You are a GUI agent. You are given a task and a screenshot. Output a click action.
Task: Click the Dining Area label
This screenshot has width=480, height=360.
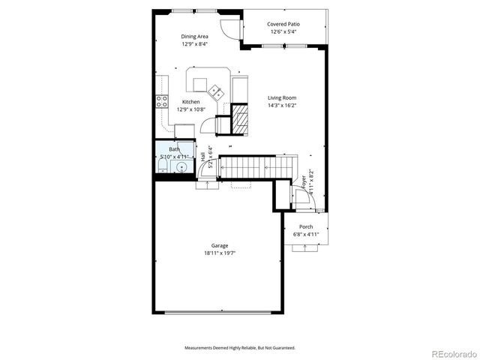click(194, 36)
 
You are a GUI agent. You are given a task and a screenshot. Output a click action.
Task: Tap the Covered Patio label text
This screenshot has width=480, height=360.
click(282, 24)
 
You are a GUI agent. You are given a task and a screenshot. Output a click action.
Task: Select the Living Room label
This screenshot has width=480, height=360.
click(283, 97)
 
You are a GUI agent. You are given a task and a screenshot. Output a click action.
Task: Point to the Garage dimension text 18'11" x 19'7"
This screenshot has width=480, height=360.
click(219, 253)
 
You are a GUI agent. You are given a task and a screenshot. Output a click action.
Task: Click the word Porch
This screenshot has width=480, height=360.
click(306, 226)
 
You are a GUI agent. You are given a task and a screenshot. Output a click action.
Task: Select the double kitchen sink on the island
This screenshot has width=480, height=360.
click(216, 92)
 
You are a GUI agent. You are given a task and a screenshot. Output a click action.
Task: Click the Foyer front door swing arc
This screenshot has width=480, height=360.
click(304, 198)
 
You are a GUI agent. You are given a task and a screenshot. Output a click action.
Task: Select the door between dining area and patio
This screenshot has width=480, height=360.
click(234, 28)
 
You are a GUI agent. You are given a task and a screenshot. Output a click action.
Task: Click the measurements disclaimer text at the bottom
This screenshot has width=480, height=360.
click(240, 348)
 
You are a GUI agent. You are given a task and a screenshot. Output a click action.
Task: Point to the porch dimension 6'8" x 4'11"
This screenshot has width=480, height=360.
click(306, 234)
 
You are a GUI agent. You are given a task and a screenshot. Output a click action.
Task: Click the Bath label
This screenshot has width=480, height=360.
click(174, 149)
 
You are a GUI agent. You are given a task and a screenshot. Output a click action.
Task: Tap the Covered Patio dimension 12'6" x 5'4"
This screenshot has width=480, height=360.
click(282, 32)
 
